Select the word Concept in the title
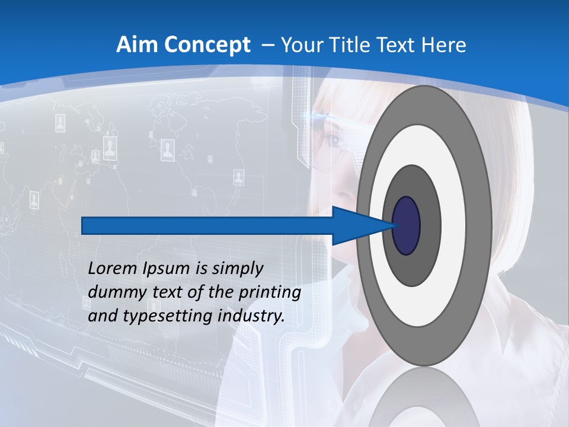pyautogui.click(x=207, y=45)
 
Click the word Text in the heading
pyautogui.click(x=394, y=45)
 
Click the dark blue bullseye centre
pyautogui.click(x=407, y=226)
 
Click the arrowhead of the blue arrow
pyautogui.click(x=362, y=226)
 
